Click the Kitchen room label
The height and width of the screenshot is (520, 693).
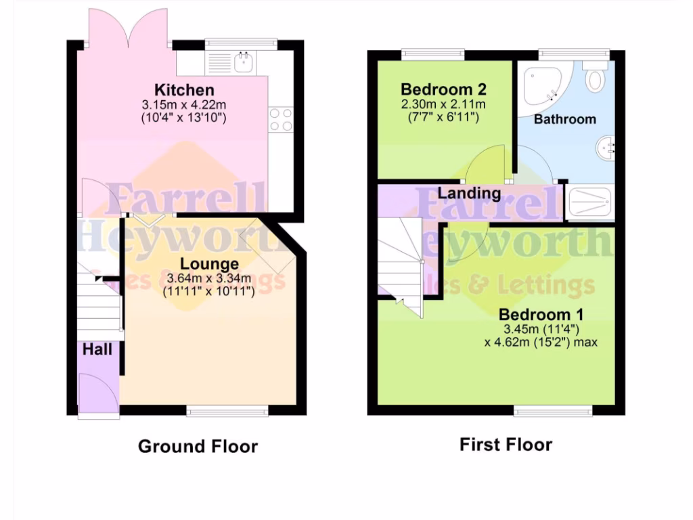184,90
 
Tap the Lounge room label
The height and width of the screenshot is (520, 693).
209,264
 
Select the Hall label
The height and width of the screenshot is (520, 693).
97,350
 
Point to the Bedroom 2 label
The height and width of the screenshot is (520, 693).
443,90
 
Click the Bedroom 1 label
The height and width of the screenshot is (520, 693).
541,315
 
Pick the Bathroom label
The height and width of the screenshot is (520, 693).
565,119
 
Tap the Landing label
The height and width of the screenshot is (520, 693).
469,194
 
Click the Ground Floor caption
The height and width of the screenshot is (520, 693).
198,447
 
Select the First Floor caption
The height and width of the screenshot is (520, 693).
506,445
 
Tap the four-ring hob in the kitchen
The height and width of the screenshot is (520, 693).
280,120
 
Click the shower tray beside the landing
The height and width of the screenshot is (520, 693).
589,202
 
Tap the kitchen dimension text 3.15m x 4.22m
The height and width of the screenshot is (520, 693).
183,105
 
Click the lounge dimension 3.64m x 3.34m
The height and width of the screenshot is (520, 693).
208,278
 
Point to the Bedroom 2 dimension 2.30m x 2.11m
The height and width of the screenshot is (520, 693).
443,104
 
